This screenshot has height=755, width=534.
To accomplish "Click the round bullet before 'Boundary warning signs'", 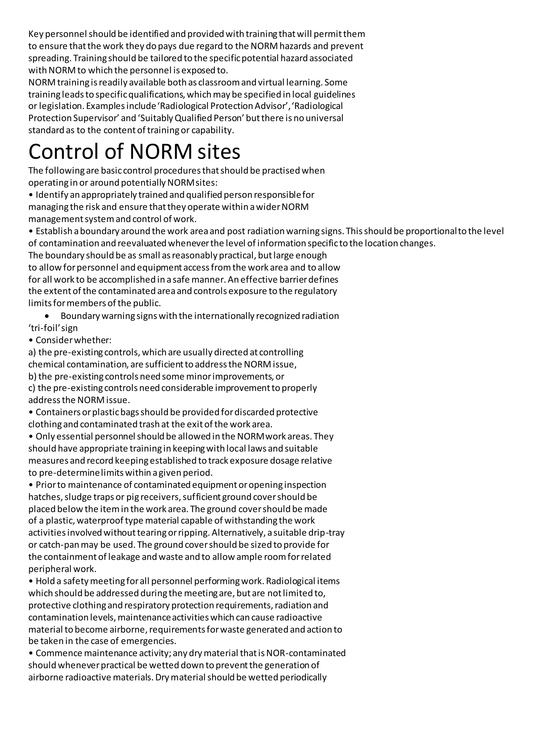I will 47,316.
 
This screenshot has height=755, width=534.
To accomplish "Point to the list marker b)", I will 32,376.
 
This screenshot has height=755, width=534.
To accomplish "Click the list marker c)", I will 32,388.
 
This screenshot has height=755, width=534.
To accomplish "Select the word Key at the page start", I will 34,34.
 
